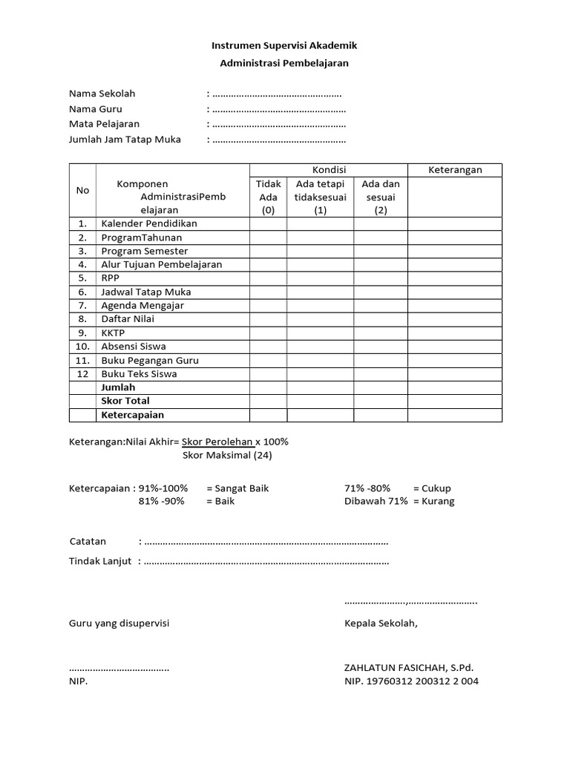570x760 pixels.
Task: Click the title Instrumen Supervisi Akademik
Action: [284, 46]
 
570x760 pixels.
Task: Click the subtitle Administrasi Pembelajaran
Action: [284, 63]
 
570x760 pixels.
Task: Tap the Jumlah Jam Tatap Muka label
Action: [125, 139]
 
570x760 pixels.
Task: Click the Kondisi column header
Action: [328, 170]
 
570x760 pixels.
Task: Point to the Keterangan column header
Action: [455, 170]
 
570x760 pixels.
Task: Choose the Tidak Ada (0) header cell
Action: [268, 197]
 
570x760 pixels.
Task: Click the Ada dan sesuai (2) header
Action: [380, 197]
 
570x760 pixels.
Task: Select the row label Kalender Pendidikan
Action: [149, 223]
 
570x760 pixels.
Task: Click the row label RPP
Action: [110, 278]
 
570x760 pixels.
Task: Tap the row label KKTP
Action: [113, 332]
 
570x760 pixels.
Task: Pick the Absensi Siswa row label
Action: [134, 346]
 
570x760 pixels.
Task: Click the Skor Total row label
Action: [125, 401]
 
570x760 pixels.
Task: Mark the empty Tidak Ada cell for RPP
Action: [268, 278]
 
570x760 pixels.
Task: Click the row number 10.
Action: [82, 346]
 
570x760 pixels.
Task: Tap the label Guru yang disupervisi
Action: [119, 623]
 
